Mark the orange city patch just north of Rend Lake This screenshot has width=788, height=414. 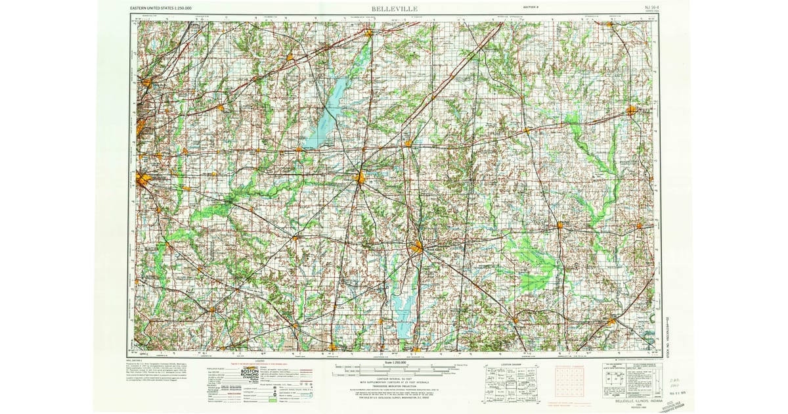(418, 248)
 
